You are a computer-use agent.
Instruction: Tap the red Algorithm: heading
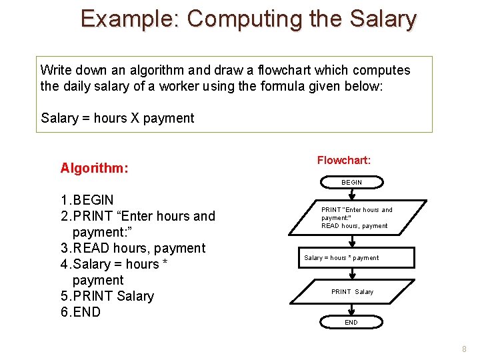94,168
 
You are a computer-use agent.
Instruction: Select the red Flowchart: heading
343,161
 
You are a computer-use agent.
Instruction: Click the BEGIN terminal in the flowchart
351,182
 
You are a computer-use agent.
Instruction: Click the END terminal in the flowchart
351,323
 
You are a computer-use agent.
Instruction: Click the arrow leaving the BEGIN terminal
351,194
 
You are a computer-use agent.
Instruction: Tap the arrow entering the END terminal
351,310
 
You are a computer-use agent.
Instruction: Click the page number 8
464,349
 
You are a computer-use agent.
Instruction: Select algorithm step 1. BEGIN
87,200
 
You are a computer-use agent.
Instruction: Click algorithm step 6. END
80,312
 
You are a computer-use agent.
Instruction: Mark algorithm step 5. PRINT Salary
107,296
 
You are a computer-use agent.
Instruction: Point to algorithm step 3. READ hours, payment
133,248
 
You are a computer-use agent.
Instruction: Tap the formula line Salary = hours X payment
117,119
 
